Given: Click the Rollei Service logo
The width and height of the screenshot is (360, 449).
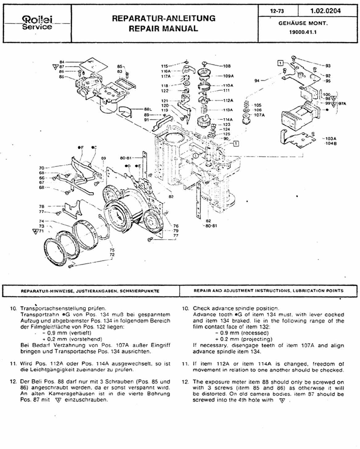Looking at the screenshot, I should point(37,23).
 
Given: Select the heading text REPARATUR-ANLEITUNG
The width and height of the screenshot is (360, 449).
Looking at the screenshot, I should point(164,18).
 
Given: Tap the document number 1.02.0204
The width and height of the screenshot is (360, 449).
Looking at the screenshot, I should point(325,11).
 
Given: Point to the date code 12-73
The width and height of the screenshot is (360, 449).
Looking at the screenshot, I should point(277,11).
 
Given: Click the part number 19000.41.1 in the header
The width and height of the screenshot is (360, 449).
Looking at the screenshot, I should point(303,32).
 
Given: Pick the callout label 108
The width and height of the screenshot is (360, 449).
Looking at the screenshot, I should point(227,66).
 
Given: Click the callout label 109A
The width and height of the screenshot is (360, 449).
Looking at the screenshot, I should point(228,76).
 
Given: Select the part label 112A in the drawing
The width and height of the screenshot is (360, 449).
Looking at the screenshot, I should point(228,100).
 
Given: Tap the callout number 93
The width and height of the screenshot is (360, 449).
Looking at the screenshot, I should point(328,66).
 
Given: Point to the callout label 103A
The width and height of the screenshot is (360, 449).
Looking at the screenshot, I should point(331,139).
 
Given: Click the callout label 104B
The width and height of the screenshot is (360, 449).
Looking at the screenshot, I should point(331,143).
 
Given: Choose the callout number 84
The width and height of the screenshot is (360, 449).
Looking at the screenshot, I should point(62,62).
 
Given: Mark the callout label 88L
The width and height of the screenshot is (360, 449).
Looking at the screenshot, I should point(148,109).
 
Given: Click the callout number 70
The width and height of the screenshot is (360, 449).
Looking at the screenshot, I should point(42,168).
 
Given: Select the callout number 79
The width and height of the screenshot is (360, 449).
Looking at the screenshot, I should point(176,231).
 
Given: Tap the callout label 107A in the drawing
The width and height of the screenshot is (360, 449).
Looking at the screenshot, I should point(259,115).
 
